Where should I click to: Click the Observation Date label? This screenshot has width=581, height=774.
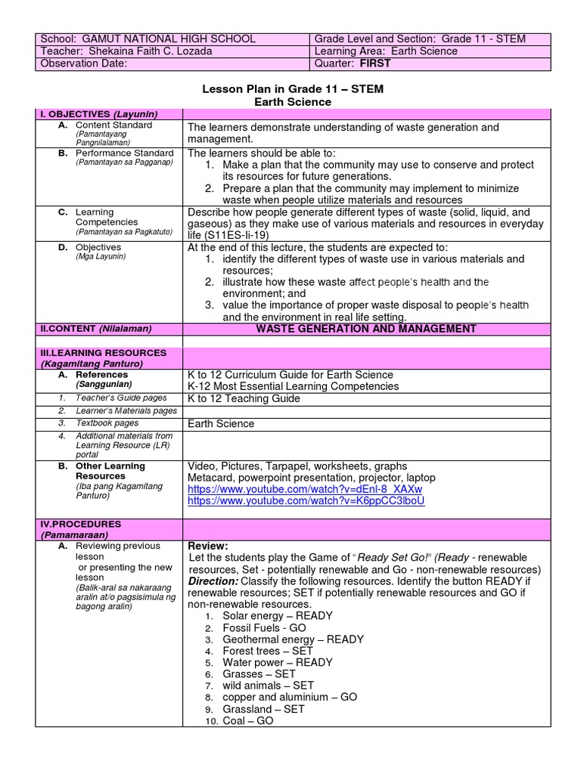click(x=84, y=63)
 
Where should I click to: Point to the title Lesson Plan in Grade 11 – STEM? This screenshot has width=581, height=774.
click(x=293, y=89)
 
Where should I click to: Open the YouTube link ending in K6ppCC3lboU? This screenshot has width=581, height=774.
click(x=306, y=500)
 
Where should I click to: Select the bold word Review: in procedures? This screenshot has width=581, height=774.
click(x=207, y=546)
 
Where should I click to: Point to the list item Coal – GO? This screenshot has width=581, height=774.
click(x=248, y=721)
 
